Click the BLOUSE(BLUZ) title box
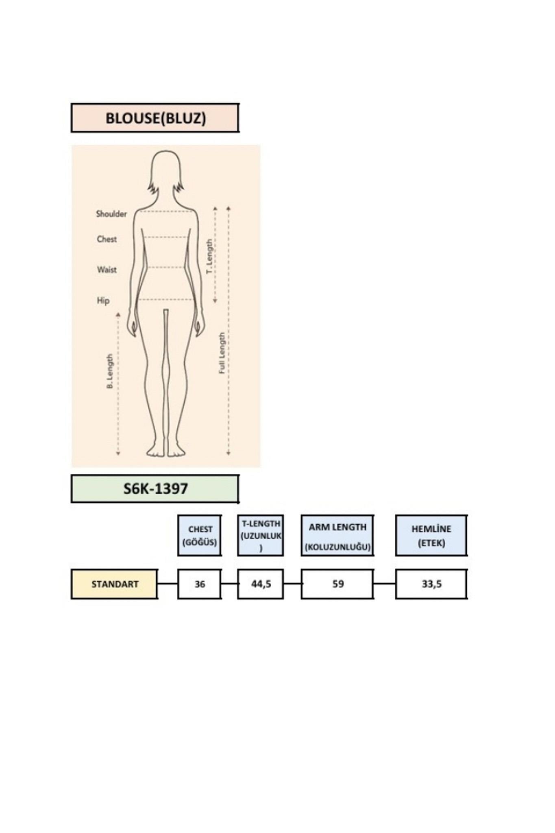pos(155,118)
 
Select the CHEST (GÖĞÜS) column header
pos(200,535)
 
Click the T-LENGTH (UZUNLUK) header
pos(261,535)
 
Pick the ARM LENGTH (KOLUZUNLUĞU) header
pos(337,535)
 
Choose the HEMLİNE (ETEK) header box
pos(431,535)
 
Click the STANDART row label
pos(115,584)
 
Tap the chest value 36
pos(200,584)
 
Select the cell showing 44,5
pos(261,584)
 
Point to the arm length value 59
pos(337,584)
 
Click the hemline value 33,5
pos(431,584)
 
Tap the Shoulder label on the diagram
pos(111,214)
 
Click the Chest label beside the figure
pos(107,239)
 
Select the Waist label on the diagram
pos(107,270)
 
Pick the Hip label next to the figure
pos(103,301)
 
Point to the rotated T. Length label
pos(209,256)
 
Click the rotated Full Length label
pos(222,353)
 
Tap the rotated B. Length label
pos(109,371)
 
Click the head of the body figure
pos(165,171)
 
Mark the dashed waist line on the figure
pos(165,267)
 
